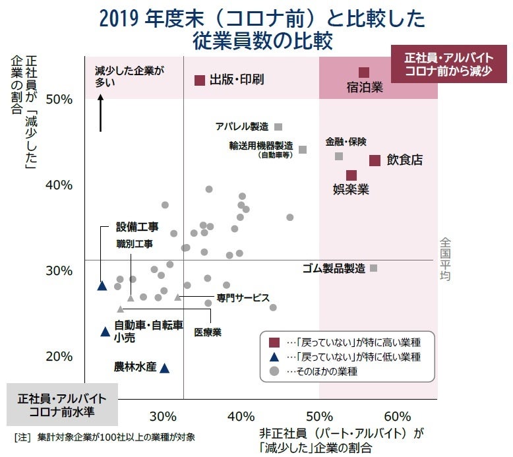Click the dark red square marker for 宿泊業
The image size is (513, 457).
[x=364, y=73]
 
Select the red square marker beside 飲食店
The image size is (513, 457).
[x=375, y=160]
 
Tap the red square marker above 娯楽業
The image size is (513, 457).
[x=351, y=175]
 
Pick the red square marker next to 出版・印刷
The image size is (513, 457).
[x=199, y=80]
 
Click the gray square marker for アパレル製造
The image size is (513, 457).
[x=278, y=127]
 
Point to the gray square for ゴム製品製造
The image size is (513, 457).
[x=374, y=268]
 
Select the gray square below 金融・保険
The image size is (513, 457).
[x=339, y=156]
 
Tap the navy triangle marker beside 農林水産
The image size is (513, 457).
[x=165, y=367]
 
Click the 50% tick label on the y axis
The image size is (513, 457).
[x=59, y=99]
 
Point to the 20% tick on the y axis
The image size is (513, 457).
[x=59, y=357]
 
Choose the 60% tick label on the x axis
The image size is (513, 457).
[x=397, y=417]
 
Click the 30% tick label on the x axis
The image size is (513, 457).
[x=162, y=417]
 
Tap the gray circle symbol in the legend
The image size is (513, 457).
[x=274, y=371]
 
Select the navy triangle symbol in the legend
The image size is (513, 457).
[x=274, y=357]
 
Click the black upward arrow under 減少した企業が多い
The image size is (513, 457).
[x=101, y=113]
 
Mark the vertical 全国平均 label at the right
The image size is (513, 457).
[x=445, y=260]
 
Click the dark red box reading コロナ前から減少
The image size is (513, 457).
[x=448, y=64]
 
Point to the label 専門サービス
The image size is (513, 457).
[x=243, y=297]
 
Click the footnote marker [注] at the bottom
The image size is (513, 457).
[x=22, y=437]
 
